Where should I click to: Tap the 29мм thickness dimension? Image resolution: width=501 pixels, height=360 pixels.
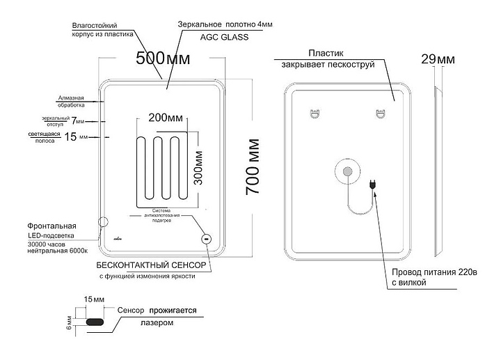(438, 60)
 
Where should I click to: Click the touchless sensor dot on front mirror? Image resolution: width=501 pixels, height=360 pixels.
(206, 239)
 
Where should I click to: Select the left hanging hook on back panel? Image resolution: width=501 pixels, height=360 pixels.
(314, 112)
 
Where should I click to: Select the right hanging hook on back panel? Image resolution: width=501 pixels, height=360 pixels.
(380, 112)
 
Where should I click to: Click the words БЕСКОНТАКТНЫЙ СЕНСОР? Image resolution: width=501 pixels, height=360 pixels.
(150, 266)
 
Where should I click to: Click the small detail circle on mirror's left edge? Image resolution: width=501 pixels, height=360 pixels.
(104, 223)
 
